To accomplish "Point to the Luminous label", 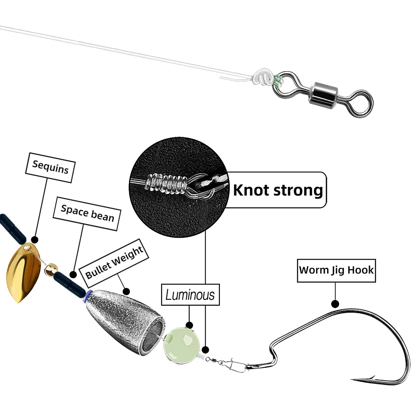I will coord(190,294).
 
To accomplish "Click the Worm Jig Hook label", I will coord(336,270).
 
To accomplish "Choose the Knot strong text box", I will coord(278,190).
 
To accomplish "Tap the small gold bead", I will coord(50,269).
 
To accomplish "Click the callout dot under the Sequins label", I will coord(35,239).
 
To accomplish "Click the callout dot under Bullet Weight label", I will coord(126,291).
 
